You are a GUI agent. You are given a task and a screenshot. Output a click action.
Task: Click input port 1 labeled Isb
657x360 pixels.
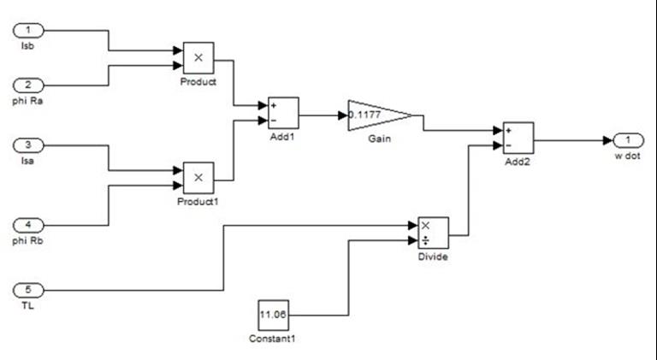pos(27,31)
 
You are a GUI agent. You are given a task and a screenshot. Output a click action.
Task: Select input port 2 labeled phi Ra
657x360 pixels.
pos(27,86)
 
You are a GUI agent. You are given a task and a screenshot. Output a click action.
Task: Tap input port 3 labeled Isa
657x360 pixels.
pos(27,146)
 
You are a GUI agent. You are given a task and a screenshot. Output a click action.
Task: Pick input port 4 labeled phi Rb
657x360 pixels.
pos(27,225)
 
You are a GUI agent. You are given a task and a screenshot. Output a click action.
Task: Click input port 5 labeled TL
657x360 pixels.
pos(27,289)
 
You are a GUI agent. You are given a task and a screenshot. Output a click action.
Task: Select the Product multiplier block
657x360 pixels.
pos(198,57)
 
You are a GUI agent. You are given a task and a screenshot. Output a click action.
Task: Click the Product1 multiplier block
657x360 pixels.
pos(198,177)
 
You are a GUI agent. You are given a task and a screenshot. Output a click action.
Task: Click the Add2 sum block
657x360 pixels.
pos(518,137)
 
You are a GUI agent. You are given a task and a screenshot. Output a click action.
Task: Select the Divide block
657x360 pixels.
pos(432,232)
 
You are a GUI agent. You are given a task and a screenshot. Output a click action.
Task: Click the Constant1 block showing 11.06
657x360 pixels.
pos(274,315)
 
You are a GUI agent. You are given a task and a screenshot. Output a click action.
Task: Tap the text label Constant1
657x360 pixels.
pos(274,338)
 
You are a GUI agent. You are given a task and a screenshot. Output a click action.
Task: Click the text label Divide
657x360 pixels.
pos(432,256)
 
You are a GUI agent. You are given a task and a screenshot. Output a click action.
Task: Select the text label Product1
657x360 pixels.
pos(198,201)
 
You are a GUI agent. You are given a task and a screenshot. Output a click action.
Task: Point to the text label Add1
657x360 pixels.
pos(283,136)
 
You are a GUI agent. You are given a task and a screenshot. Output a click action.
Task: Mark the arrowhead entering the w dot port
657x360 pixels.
pos(607,140)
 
